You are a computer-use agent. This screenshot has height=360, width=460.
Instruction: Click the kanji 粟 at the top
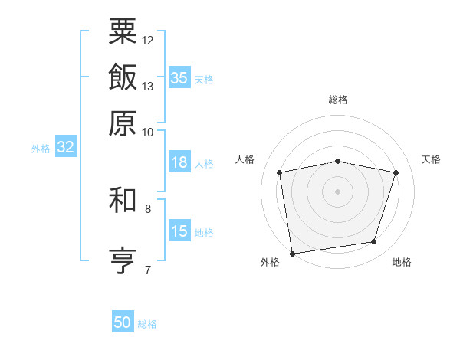(123, 32)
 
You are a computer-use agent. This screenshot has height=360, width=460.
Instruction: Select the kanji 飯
(123, 77)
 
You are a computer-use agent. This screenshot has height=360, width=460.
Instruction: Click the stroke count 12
(148, 40)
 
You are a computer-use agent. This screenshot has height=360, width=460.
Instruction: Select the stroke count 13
(148, 86)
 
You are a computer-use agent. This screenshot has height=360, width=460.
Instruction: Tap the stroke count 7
(147, 269)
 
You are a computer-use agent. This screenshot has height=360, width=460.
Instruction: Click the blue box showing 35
(179, 78)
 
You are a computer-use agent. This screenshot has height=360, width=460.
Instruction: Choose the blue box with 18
(179, 162)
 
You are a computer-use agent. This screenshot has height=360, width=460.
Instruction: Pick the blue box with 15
(179, 231)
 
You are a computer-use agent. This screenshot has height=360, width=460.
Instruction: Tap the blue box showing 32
(65, 148)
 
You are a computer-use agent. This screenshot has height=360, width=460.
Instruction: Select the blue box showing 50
(123, 322)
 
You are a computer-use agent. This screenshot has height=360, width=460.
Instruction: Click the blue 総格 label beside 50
(147, 324)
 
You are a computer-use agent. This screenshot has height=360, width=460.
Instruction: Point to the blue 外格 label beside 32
(41, 149)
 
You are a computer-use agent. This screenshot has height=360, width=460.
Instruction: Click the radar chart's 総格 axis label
(338, 100)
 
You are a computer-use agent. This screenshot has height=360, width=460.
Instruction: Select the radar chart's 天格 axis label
(431, 159)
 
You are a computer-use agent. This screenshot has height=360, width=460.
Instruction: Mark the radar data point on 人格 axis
(280, 172)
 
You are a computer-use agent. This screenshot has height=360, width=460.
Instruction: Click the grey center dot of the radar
(338, 191)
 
